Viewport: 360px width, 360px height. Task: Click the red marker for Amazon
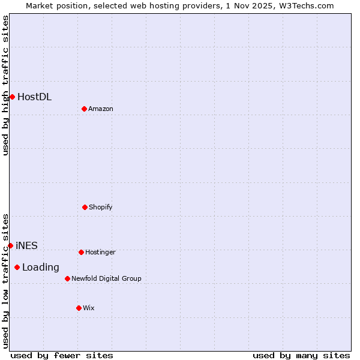[84, 109]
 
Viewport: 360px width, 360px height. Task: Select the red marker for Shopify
[85, 207]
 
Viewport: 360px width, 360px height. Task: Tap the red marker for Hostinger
[81, 252]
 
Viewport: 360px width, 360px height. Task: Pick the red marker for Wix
[79, 308]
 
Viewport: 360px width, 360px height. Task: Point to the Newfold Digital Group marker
[67, 278]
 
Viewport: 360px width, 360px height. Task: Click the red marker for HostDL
[12, 97]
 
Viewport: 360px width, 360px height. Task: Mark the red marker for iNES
[10, 245]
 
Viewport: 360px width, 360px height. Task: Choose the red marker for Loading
[17, 267]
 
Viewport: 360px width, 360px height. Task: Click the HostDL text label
[34, 97]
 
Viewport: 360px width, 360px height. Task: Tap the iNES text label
[26, 245]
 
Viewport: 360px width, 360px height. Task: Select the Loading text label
[41, 268]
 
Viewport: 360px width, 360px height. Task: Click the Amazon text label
[101, 109]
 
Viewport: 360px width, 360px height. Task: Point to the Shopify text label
[101, 208]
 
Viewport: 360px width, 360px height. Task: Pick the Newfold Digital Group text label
[106, 279]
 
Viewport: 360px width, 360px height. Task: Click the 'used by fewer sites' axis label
[62, 355]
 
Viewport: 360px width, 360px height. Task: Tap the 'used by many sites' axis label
[301, 355]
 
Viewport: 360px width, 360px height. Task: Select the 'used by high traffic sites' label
[5, 85]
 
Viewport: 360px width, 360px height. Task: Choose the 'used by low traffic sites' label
[5, 280]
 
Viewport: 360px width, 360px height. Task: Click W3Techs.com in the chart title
[309, 5]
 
